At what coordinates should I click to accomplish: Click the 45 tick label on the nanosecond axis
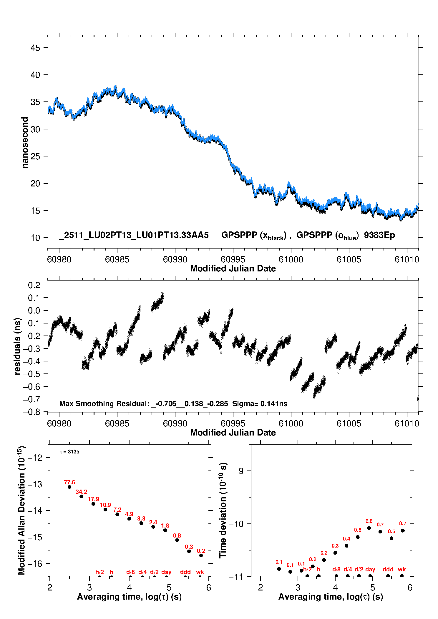point(35,48)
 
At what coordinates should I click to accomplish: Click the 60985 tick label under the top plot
point(117,259)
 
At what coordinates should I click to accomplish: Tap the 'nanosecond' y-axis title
point(25,143)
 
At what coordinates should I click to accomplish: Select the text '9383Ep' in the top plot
point(379,235)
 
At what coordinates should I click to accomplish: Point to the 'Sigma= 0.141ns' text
point(260,403)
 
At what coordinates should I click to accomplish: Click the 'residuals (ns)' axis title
point(18,346)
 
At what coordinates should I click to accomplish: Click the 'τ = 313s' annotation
point(69,452)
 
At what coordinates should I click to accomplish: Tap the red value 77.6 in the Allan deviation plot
point(69,482)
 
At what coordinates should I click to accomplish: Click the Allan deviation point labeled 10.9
point(105,509)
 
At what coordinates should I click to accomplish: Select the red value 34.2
point(81,492)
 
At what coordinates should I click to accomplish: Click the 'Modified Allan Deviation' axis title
point(21,510)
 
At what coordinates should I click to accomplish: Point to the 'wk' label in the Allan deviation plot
point(200,572)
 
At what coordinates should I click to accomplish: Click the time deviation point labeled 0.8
point(369,528)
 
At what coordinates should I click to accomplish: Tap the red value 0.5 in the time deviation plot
point(391,531)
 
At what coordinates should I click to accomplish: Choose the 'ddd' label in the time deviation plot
point(388,569)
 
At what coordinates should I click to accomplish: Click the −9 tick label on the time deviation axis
point(239,471)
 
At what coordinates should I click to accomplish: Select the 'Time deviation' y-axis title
point(223,510)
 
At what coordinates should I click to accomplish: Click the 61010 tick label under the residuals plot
point(407,423)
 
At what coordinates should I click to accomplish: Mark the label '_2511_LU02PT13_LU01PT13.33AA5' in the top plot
point(134,235)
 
